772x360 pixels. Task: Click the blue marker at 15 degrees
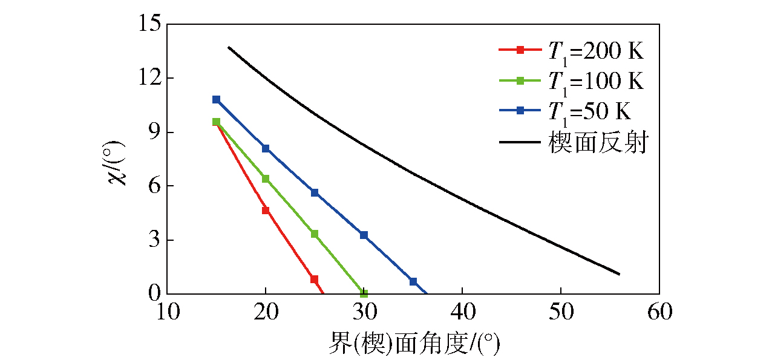pos(216,99)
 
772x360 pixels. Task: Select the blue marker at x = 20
pos(266,148)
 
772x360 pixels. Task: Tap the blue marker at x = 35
pos(413,281)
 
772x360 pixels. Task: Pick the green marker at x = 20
pos(266,178)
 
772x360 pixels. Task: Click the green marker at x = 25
pos(315,234)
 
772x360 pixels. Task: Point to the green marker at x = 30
pos(364,293)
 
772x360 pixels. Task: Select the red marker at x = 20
pos(266,210)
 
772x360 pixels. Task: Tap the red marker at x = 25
pos(315,279)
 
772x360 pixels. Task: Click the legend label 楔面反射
pos(598,143)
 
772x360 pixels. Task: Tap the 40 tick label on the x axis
pos(462,313)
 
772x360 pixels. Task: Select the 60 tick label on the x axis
pos(659,313)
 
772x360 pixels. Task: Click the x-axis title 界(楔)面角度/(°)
pos(414,344)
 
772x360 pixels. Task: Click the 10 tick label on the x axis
pos(167,313)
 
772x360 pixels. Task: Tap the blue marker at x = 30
pos(364,235)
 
